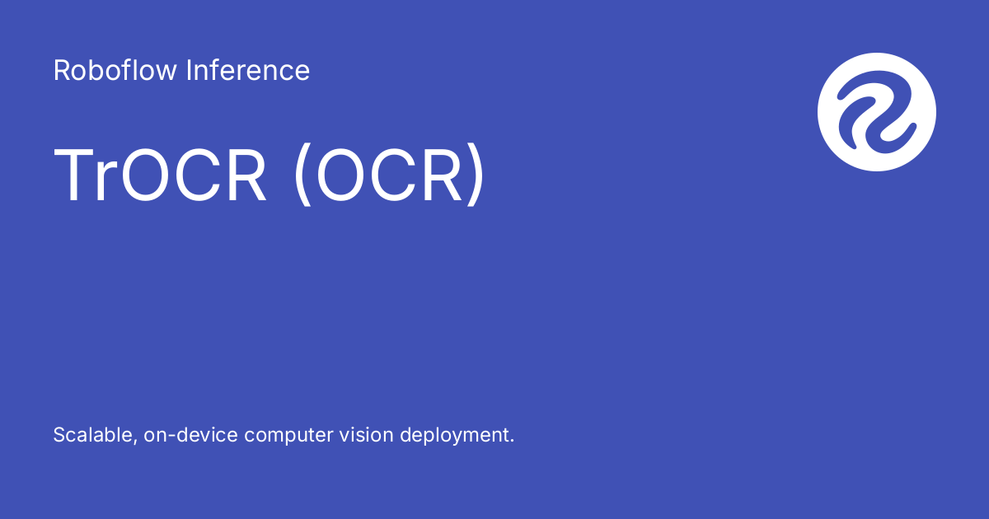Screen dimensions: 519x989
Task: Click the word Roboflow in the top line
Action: point(115,71)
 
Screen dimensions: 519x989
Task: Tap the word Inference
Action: point(248,71)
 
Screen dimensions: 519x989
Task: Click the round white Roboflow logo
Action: point(877,112)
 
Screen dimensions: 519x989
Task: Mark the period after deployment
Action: point(512,442)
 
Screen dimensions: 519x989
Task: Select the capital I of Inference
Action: point(190,71)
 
